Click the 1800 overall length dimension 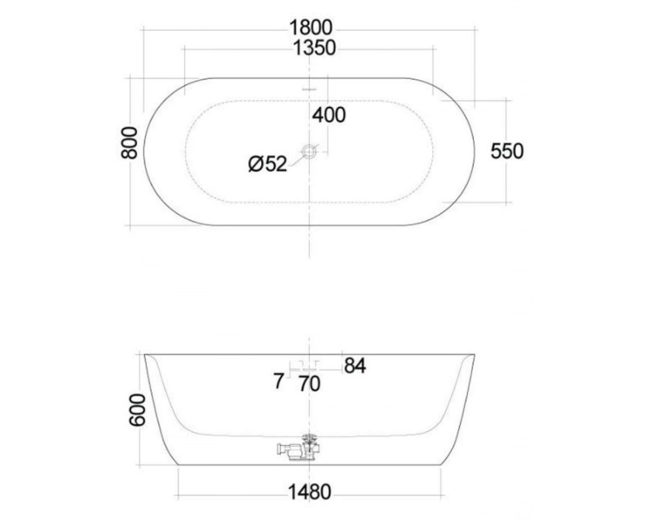[311, 28]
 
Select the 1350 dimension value [314, 48]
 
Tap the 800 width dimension [130, 143]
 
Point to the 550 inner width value [507, 151]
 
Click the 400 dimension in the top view [329, 115]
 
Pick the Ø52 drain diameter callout [268, 164]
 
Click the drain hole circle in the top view [309, 152]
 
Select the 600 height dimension [138, 410]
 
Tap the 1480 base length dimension [310, 492]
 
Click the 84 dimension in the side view [355, 366]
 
